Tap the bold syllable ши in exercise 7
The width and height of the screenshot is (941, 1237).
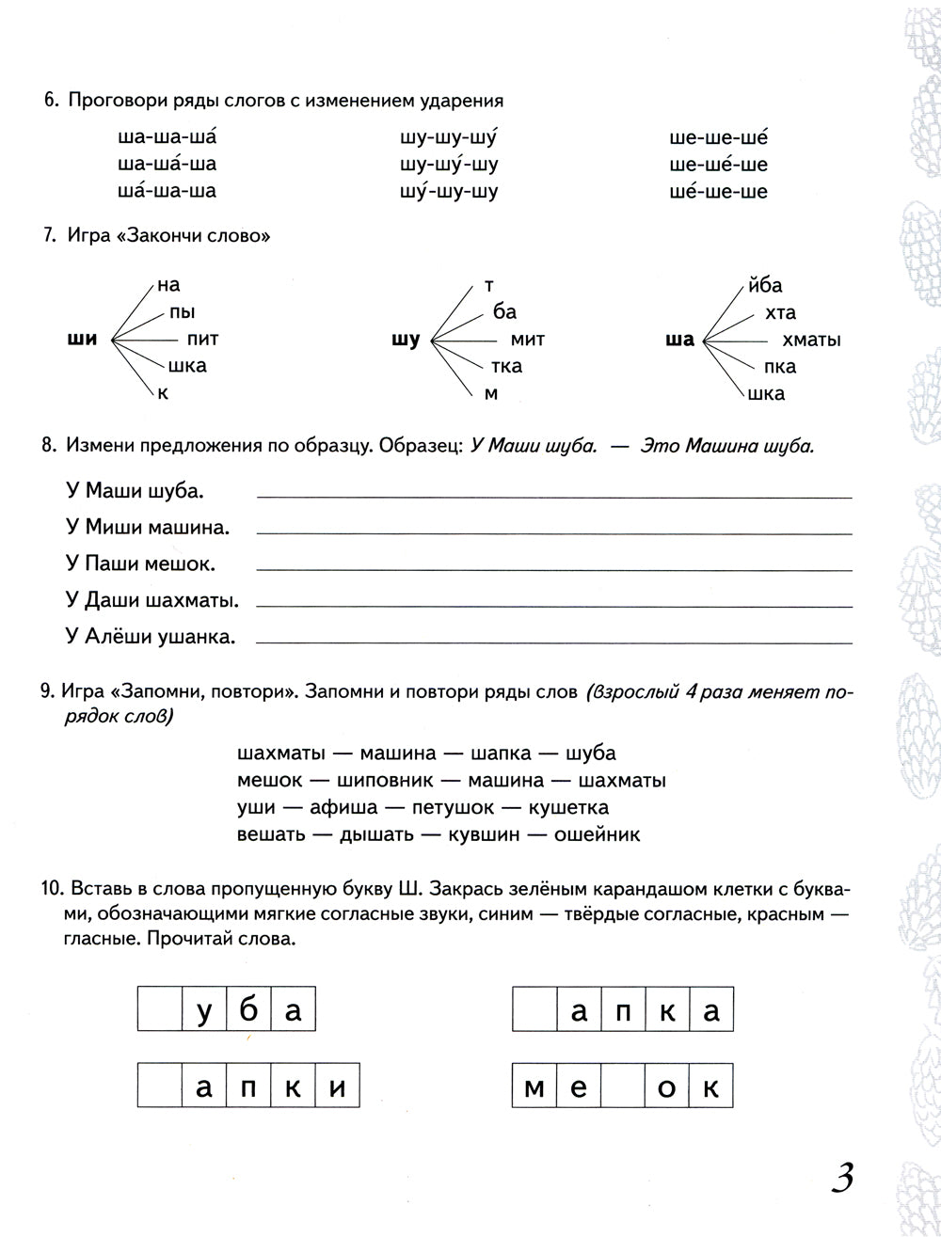coord(83,340)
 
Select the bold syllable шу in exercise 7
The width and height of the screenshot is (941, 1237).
coord(405,340)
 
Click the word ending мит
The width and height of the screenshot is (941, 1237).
coord(527,340)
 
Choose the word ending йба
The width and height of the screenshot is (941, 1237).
coord(764,285)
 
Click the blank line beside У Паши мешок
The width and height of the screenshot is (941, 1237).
coord(554,568)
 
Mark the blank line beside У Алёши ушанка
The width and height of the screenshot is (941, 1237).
coord(554,642)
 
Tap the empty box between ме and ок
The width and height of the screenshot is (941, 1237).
coord(623,1088)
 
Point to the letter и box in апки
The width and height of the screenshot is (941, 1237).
coord(338,1088)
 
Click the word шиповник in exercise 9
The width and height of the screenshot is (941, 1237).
coord(384,780)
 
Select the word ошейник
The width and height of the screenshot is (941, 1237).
coord(597,833)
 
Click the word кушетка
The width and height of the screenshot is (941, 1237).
coord(568,807)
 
